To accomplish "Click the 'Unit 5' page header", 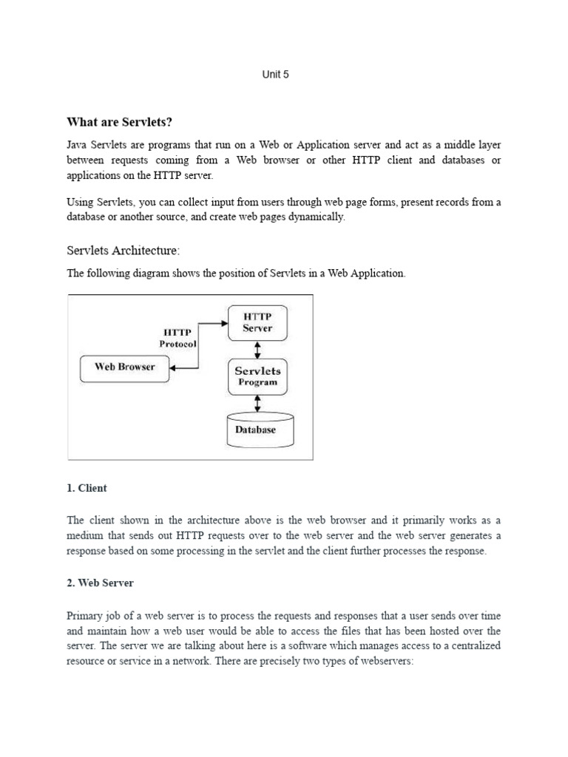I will coord(275,75).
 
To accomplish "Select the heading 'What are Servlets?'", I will coord(124,121).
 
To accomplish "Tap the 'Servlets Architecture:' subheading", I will coord(124,251).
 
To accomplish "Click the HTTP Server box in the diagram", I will coord(257,322).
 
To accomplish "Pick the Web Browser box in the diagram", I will coord(124,367).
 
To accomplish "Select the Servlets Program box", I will coord(257,376).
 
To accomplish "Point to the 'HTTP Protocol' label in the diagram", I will coord(177,339).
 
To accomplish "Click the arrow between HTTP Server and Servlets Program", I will coord(257,349).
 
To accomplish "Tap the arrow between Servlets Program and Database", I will coord(257,404).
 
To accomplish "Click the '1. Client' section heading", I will coord(87,488).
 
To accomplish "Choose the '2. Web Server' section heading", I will coord(100,583).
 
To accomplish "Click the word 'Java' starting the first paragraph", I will coord(78,144).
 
